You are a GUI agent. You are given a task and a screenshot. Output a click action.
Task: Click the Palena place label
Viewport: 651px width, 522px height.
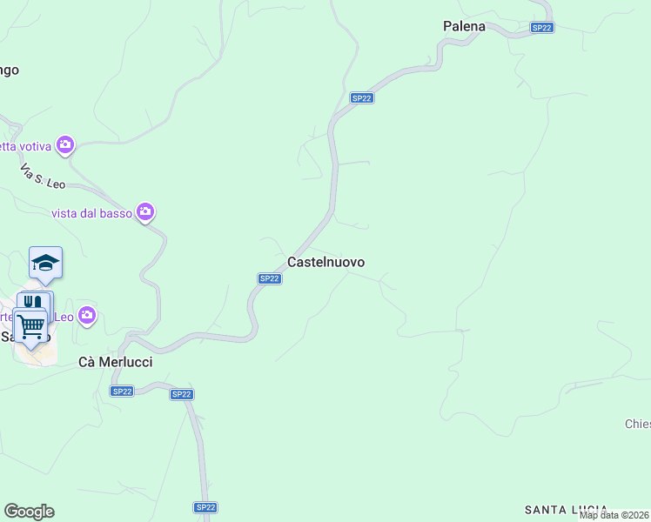tap(464, 26)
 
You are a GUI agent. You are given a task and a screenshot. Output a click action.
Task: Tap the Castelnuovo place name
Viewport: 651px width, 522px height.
tap(325, 262)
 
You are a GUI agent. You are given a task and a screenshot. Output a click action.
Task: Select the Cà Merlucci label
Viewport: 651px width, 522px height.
tap(115, 362)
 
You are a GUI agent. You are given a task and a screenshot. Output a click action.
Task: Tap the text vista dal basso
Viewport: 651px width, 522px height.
tap(91, 212)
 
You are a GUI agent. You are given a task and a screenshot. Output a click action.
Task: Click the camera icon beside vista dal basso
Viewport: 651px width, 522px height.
tap(145, 211)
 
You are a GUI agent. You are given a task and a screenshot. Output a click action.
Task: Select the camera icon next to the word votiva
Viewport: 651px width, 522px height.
tap(65, 144)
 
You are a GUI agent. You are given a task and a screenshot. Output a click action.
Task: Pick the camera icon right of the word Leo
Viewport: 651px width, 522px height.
tap(87, 314)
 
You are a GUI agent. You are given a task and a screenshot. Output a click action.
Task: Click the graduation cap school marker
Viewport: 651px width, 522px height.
tap(45, 262)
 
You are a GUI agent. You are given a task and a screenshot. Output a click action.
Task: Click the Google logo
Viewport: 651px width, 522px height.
tap(29, 512)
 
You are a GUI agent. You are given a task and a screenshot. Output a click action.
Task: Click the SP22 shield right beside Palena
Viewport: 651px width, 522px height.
tap(542, 28)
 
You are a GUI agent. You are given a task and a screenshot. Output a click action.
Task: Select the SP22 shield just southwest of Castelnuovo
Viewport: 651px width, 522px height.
tap(270, 278)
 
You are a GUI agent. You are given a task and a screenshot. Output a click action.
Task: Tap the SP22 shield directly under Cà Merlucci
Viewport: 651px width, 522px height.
tap(121, 391)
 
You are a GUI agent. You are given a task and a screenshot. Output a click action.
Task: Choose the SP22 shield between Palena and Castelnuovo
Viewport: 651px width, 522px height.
tap(362, 98)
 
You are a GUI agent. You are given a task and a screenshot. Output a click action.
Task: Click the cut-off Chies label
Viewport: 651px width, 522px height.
tap(637, 425)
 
